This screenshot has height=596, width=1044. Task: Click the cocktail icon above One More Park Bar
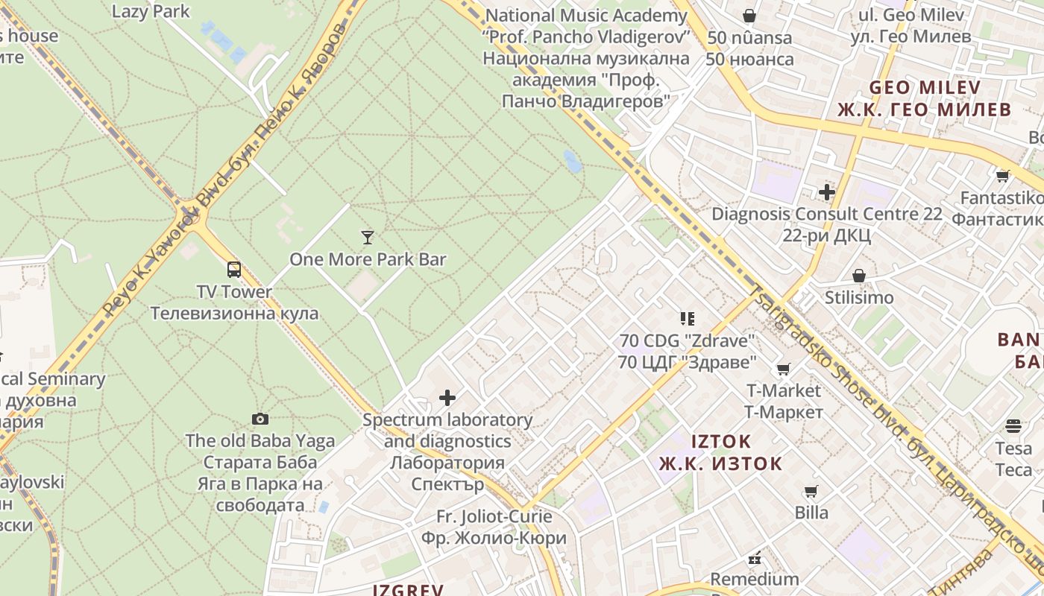(x=367, y=238)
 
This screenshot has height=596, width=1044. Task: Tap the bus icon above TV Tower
(x=234, y=270)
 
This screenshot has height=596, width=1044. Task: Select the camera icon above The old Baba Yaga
(x=260, y=419)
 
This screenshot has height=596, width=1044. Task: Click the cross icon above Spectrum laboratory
(x=447, y=398)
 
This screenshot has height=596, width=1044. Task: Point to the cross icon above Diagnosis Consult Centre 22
(x=826, y=192)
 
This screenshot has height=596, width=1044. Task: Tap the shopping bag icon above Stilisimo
(x=859, y=276)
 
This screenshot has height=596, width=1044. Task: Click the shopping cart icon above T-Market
(x=783, y=369)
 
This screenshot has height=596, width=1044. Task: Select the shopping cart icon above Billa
(x=811, y=491)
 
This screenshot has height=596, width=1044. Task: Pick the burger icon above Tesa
(x=1013, y=426)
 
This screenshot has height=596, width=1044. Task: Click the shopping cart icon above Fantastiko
(x=1002, y=177)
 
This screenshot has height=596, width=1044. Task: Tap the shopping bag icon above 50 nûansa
(x=749, y=16)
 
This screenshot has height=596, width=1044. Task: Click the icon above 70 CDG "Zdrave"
(x=687, y=319)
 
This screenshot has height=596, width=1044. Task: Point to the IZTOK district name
(x=721, y=441)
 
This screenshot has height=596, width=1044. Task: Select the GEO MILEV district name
(x=925, y=88)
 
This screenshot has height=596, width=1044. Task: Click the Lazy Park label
(x=151, y=11)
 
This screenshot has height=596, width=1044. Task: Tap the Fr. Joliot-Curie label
(x=494, y=516)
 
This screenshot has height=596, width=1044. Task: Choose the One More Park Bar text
(x=368, y=259)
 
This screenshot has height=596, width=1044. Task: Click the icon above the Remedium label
(x=754, y=558)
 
